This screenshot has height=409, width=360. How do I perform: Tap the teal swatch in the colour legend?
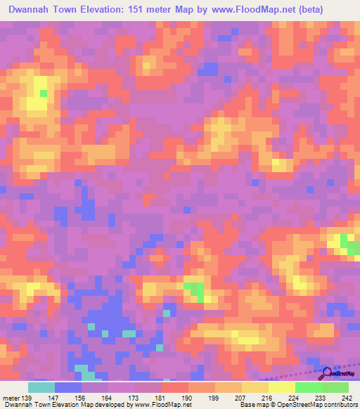point(41,387)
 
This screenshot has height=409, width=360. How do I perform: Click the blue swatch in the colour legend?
point(68,387)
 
